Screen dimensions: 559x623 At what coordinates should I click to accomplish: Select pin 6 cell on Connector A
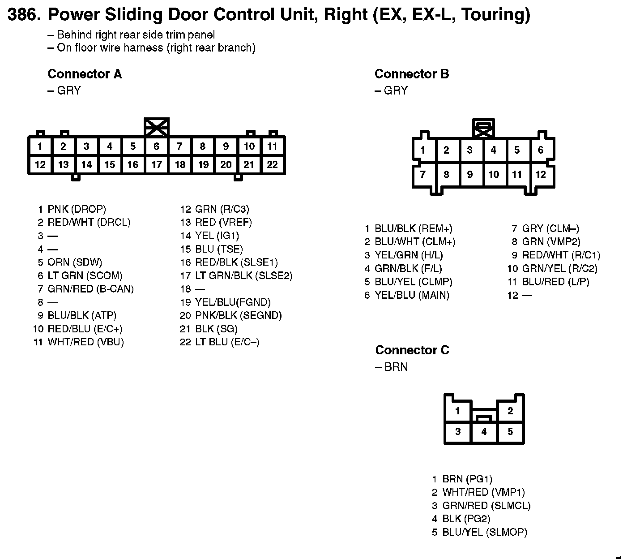[x=156, y=146]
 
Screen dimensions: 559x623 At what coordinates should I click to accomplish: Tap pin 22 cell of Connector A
[x=272, y=164]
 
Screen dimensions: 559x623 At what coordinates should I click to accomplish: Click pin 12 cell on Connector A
[x=40, y=164]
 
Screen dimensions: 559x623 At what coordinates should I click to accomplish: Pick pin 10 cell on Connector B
[x=493, y=174]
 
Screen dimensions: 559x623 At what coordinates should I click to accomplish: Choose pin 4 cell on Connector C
[x=484, y=432]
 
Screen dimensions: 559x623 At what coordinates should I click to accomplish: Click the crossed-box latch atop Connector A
[x=157, y=127]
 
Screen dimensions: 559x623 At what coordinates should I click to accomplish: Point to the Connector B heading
[x=411, y=74]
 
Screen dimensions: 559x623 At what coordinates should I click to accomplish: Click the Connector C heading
[x=412, y=350]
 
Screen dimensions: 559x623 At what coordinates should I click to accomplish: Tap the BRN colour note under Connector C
[x=396, y=367]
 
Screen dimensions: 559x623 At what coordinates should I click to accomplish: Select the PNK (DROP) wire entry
[x=77, y=209]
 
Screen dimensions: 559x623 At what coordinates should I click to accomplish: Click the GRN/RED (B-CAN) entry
[x=90, y=289]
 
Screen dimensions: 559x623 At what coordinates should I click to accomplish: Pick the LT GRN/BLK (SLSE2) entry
[x=243, y=275]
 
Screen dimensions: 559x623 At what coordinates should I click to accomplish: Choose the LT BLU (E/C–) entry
[x=227, y=342]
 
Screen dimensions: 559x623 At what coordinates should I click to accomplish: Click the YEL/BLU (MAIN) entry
[x=412, y=295]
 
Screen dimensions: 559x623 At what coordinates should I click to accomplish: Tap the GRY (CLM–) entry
[x=550, y=228]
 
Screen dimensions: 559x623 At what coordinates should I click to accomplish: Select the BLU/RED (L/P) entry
[x=555, y=282]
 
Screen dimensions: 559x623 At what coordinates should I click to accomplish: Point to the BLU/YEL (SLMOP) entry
[x=484, y=532]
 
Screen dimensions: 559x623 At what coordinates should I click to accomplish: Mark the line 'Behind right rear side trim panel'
[x=136, y=35]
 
